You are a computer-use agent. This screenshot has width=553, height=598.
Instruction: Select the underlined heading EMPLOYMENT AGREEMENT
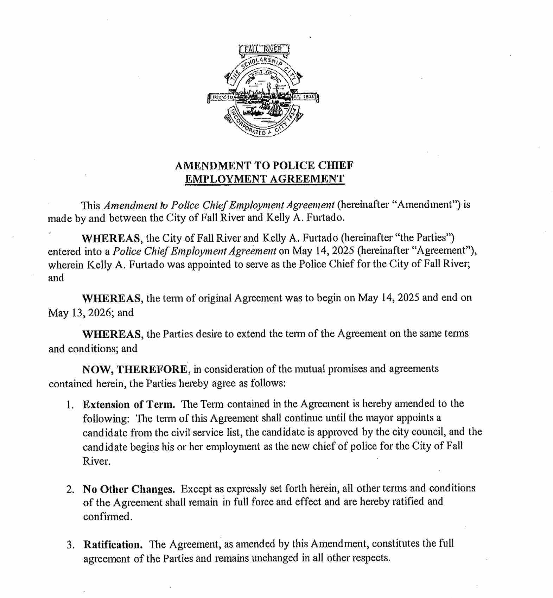265,179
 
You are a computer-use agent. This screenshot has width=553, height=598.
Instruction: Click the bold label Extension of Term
129,404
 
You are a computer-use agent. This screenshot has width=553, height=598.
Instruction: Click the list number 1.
70,405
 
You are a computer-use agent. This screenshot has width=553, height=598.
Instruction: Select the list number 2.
70,489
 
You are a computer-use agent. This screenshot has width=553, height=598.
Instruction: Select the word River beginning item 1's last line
96,461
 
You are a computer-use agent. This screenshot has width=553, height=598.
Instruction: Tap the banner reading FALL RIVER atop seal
263,49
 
